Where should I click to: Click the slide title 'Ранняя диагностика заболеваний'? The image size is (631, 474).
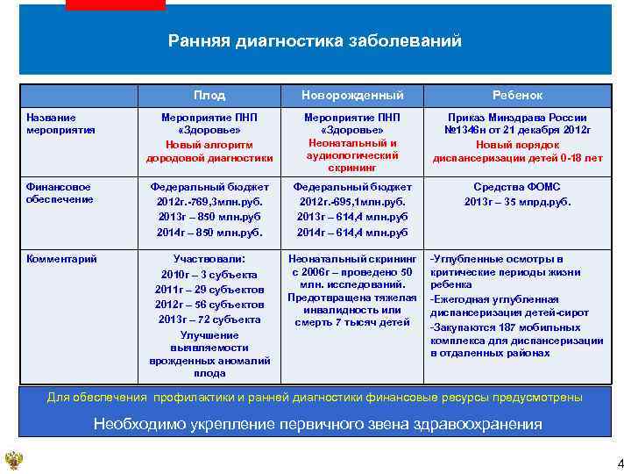(x=315, y=41)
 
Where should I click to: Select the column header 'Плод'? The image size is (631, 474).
(x=209, y=95)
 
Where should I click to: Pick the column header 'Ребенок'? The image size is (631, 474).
(x=517, y=95)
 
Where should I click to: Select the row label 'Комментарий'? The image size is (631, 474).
(x=61, y=259)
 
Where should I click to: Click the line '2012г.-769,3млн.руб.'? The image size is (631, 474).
(x=209, y=202)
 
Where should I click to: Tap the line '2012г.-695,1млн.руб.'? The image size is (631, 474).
(x=352, y=202)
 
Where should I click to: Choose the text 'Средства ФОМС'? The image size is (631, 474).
(x=517, y=187)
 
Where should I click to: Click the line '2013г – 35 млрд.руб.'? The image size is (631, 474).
(x=517, y=202)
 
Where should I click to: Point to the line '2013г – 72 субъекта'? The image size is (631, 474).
(x=209, y=320)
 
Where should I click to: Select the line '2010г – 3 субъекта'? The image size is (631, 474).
(x=209, y=275)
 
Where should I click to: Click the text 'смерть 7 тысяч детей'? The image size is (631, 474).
(x=352, y=322)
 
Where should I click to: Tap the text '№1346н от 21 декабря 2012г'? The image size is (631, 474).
(x=517, y=130)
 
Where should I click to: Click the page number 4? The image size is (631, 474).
(x=620, y=463)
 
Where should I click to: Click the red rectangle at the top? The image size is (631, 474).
(x=115, y=4)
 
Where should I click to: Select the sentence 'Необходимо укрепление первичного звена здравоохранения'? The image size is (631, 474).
(x=317, y=425)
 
